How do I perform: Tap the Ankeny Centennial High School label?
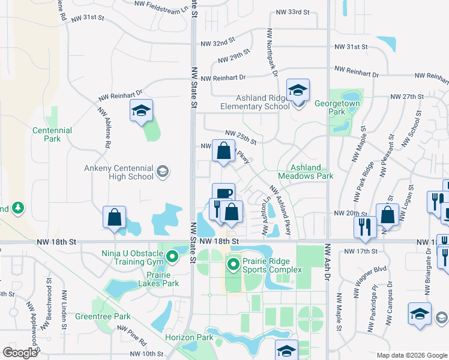131,173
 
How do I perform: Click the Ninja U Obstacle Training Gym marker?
172,257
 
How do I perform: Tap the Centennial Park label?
52,134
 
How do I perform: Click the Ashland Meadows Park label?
312,172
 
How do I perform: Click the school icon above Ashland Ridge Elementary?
298,91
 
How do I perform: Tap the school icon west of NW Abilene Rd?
142,111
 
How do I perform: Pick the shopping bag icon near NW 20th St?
388,215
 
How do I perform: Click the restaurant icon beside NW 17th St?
364,227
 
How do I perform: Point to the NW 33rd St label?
292,11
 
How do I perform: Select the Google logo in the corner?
20,353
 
